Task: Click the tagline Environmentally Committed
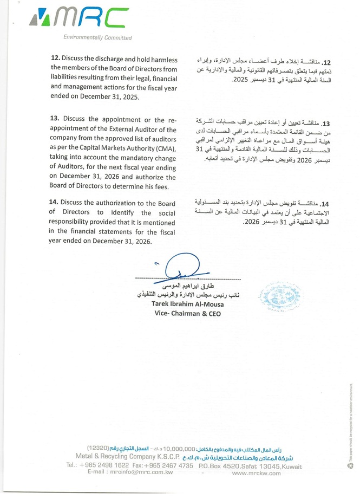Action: [x=97, y=38]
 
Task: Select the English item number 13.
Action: [x=55, y=119]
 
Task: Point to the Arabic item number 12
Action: [x=325, y=62]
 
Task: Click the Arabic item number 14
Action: [x=324, y=204]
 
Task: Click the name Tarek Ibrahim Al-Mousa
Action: [x=185, y=304]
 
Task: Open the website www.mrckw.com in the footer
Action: [x=256, y=473]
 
